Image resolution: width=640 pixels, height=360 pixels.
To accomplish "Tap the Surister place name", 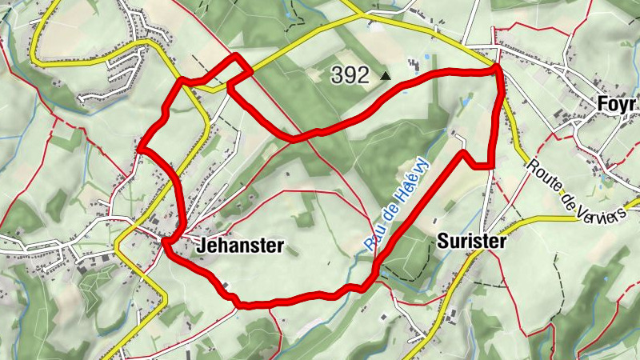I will (472, 242).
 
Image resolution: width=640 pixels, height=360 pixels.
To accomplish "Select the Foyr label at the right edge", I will (617, 105).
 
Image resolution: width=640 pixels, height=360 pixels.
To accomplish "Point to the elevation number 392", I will (350, 76).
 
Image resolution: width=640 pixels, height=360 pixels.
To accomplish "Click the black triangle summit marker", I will (386, 76).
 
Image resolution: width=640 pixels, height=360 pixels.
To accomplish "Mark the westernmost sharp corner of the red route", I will (139, 148).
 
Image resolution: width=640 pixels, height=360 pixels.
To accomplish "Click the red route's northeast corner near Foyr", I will (498, 69).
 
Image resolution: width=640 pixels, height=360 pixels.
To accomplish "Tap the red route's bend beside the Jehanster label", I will (166, 241).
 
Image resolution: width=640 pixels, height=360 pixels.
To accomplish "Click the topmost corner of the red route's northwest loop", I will (236, 55).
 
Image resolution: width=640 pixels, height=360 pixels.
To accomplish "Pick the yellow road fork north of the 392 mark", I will (362, 15).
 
